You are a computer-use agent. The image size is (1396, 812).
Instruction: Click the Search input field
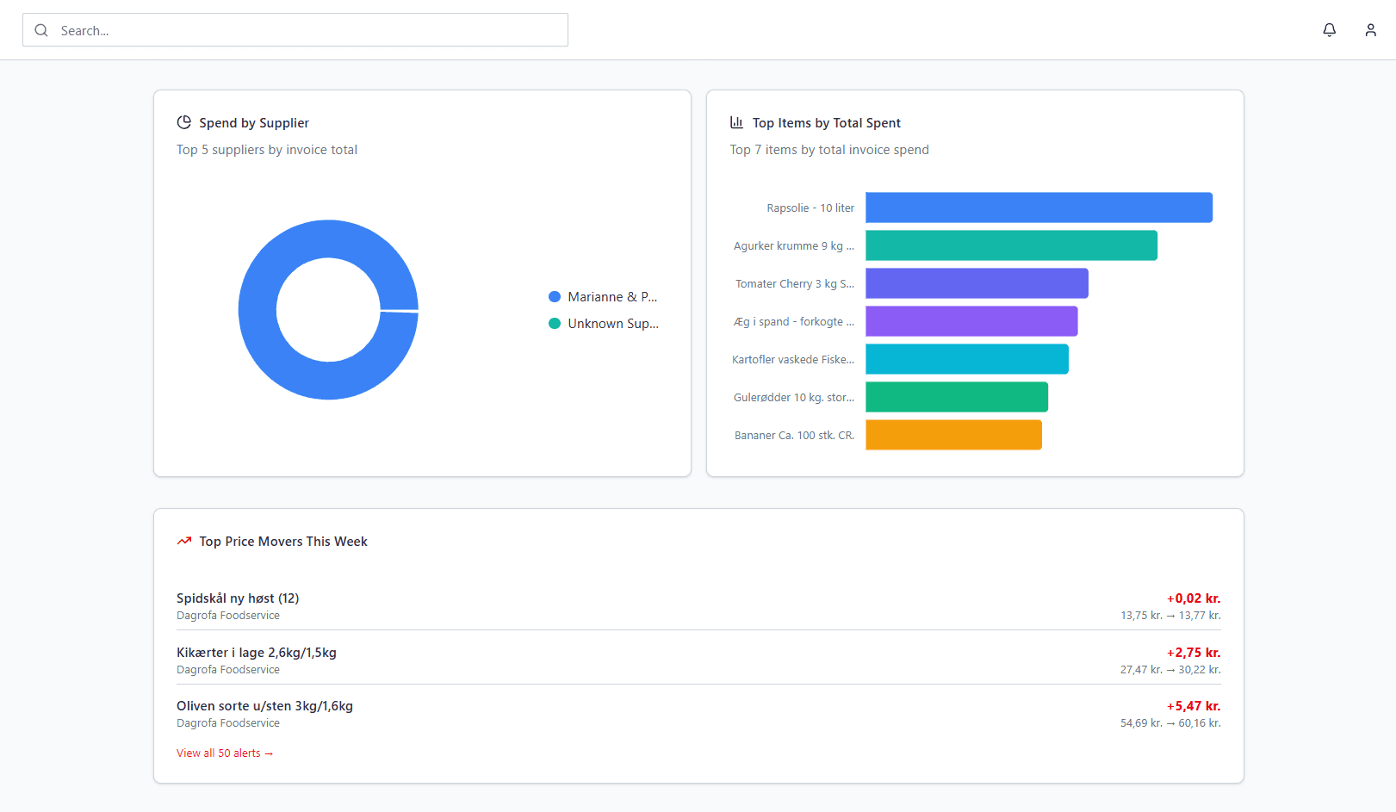click(310, 30)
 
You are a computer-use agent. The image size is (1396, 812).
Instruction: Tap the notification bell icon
click(1329, 30)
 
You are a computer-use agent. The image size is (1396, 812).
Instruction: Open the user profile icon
click(1370, 30)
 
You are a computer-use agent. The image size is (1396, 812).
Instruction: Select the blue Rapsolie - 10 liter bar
click(1039, 208)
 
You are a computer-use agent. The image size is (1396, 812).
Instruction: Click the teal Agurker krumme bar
click(1011, 245)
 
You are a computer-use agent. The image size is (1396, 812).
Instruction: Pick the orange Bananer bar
click(953, 435)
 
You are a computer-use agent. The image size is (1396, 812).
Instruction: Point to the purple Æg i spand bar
click(971, 321)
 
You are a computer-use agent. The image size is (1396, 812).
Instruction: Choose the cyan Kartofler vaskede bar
click(966, 359)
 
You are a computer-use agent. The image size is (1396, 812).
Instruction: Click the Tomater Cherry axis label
click(794, 284)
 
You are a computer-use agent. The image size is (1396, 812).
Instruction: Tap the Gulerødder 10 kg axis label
click(793, 398)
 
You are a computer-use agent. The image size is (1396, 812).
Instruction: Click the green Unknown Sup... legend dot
click(555, 324)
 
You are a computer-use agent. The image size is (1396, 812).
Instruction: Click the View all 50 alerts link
click(225, 753)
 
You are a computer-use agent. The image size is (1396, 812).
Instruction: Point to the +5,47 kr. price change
click(1193, 706)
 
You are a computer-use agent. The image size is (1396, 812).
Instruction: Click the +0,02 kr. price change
click(1193, 598)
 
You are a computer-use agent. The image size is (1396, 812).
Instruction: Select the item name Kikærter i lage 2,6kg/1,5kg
click(257, 653)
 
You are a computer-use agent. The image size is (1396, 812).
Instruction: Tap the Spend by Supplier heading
click(253, 123)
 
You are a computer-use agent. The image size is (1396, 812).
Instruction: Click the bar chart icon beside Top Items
click(736, 122)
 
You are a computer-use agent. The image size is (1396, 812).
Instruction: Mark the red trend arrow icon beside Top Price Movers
click(183, 542)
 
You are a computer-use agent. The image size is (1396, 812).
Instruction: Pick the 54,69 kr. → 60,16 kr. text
click(1170, 723)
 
